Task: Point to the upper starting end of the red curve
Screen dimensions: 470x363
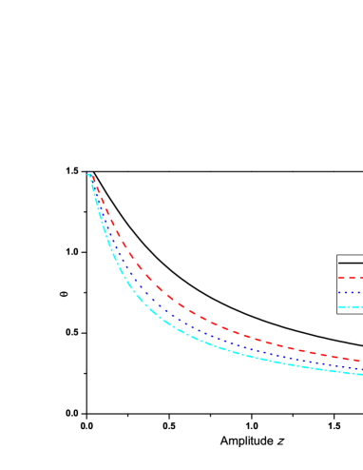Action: tap(93, 176)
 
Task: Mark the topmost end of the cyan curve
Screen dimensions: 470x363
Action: tap(88, 174)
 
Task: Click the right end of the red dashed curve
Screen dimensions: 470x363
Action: tap(361, 361)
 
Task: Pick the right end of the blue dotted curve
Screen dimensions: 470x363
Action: tap(361, 368)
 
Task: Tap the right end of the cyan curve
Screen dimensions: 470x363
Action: tap(361, 374)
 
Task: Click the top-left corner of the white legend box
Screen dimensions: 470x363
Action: tap(337, 255)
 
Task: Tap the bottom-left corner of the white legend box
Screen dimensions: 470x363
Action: tap(337, 313)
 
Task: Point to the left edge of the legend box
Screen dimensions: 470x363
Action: tap(337, 284)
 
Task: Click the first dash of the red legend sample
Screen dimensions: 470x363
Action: tap(342, 278)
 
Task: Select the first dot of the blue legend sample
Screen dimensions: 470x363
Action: tap(340, 292)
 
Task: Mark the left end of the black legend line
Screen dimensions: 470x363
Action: tap(339, 263)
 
